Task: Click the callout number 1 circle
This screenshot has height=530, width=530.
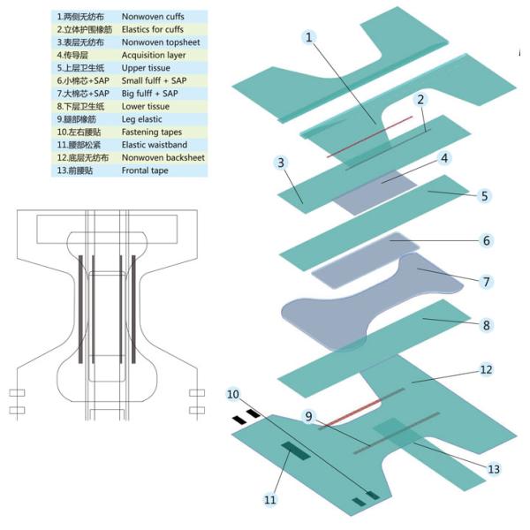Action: pyautogui.click(x=308, y=37)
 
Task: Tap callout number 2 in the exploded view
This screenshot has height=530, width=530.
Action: pyautogui.click(x=420, y=99)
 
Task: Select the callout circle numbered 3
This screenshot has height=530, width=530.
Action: pyautogui.click(x=281, y=163)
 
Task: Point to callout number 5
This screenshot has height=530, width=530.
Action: pyautogui.click(x=484, y=196)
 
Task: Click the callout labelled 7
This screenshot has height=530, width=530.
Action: pyautogui.click(x=486, y=282)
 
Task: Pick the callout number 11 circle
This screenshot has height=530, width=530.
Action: pyautogui.click(x=269, y=499)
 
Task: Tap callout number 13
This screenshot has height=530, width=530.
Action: pyautogui.click(x=494, y=469)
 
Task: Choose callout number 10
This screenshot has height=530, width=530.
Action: pyautogui.click(x=233, y=394)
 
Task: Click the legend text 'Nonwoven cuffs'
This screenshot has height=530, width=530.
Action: pyautogui.click(x=153, y=17)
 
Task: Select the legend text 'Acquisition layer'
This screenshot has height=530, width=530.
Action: pyautogui.click(x=154, y=55)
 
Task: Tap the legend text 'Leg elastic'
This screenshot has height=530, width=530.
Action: pyautogui.click(x=141, y=119)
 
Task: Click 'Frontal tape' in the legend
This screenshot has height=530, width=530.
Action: pyautogui.click(x=145, y=170)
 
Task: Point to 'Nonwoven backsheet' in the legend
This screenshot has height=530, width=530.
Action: pyautogui.click(x=163, y=157)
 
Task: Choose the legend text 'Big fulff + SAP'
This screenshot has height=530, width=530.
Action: pyautogui.click(x=150, y=94)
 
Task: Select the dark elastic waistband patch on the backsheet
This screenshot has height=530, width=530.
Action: pyautogui.click(x=296, y=450)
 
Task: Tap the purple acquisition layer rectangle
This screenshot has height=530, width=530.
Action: pyautogui.click(x=375, y=192)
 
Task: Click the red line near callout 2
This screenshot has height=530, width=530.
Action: pyautogui.click(x=369, y=137)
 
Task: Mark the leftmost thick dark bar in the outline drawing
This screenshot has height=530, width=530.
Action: pyautogui.click(x=80, y=309)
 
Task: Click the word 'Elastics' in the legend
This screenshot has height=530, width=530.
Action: pyautogui.click(x=135, y=29)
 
